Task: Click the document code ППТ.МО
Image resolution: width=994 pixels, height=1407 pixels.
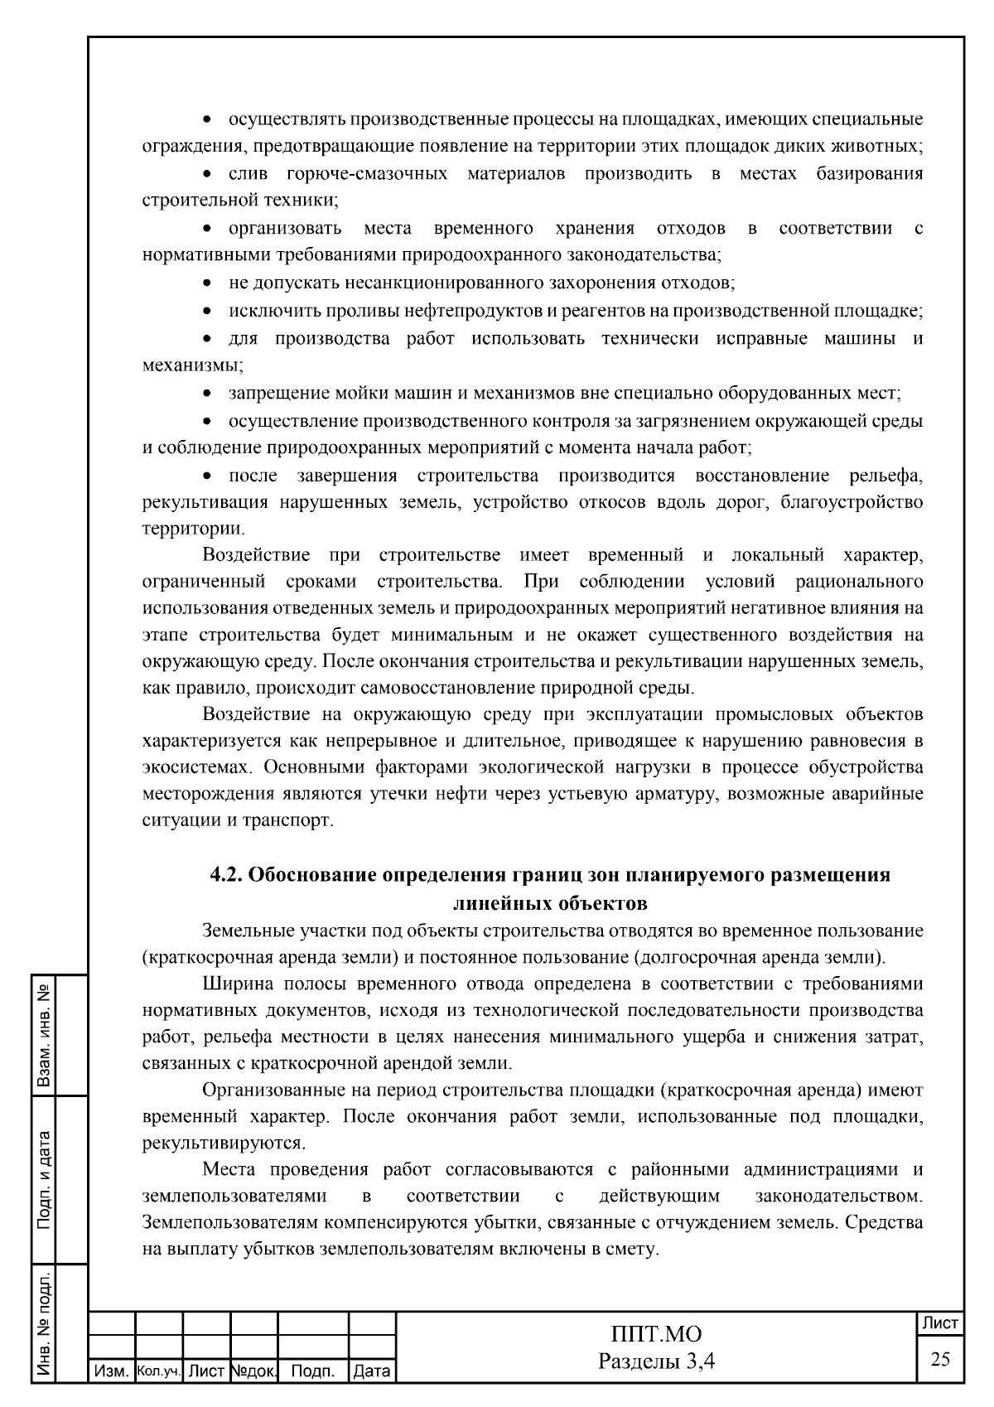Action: tap(656, 1335)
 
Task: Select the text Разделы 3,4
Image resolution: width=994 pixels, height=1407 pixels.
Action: tap(656, 1361)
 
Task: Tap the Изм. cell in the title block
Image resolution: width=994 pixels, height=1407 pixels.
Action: tap(110, 1372)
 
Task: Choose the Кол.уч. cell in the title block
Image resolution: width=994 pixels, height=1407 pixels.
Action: tap(158, 1372)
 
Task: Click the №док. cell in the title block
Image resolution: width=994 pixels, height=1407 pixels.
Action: tap(253, 1372)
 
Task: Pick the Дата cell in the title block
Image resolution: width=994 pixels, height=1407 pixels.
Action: tap(371, 1372)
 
